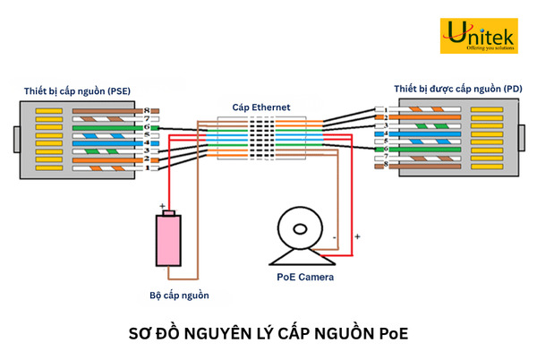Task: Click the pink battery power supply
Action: tap(168, 240)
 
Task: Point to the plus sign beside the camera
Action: tap(357, 237)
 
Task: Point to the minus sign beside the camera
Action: tap(335, 238)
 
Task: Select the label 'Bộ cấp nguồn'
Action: tap(179, 295)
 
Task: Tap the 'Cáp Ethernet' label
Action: tap(260, 107)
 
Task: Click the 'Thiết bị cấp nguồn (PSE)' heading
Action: tap(77, 91)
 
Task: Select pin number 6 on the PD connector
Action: tap(386, 150)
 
